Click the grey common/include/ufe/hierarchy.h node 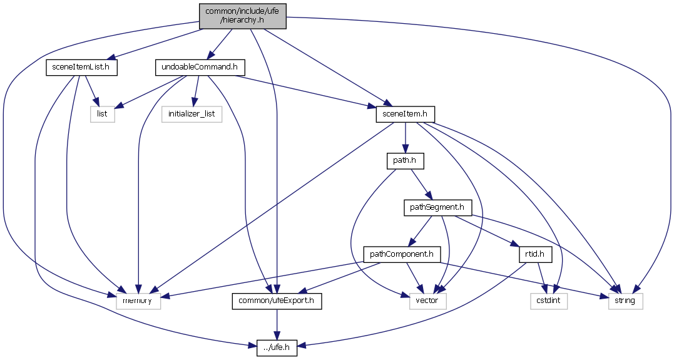click(x=243, y=16)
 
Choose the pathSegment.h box click(x=437, y=207)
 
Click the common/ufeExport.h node click(x=277, y=301)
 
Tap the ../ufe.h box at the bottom click(x=277, y=348)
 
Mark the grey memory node click(x=138, y=301)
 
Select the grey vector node click(x=428, y=301)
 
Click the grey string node click(x=625, y=301)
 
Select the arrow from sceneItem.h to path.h click(x=405, y=137)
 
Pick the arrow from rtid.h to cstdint click(x=542, y=277)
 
